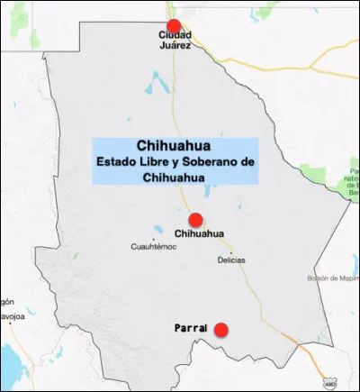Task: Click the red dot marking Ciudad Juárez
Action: [174, 26]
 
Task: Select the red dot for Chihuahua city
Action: [195, 220]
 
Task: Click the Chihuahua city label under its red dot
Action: [199, 234]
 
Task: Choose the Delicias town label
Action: [231, 260]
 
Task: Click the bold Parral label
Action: [190, 330]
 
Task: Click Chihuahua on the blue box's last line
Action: [175, 178]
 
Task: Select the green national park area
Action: [355, 181]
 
